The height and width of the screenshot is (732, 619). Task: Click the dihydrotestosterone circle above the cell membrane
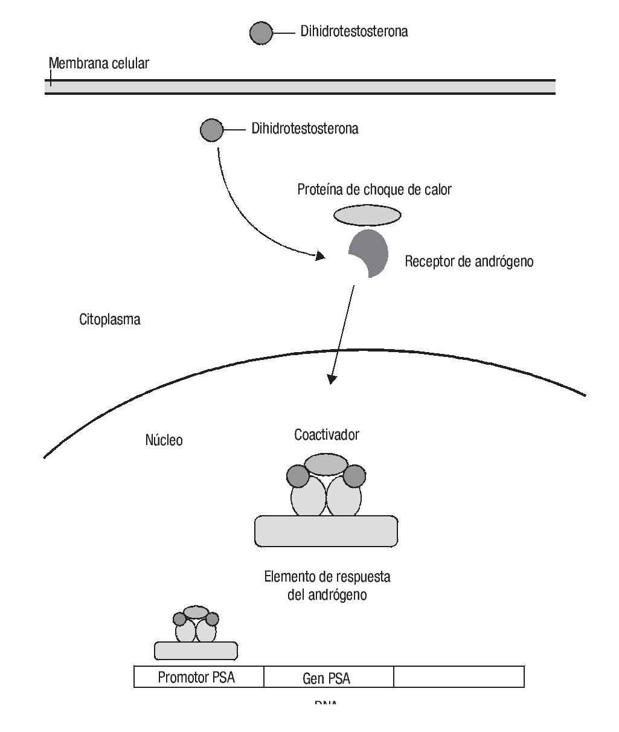coord(261,33)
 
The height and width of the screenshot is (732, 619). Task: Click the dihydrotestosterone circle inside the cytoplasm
coord(211,130)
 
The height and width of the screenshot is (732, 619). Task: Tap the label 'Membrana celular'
coord(98,63)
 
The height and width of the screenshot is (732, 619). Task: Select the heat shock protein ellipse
coord(367,215)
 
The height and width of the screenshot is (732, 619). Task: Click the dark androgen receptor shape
coord(371,251)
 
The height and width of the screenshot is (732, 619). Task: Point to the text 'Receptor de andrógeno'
coord(469,262)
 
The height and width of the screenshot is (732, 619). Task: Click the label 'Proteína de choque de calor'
coord(374,190)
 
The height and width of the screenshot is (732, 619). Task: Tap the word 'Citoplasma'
coord(109,319)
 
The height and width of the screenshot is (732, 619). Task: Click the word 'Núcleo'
coord(164,440)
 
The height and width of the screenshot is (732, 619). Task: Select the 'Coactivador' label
coord(327,434)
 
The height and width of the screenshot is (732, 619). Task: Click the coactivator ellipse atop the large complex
coord(326,464)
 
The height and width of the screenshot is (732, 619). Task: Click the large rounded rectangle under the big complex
coord(326,531)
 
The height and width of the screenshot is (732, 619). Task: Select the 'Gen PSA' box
coord(327,678)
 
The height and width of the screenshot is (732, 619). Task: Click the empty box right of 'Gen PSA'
coord(459,677)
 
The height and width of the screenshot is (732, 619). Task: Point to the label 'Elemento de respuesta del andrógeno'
coord(327,585)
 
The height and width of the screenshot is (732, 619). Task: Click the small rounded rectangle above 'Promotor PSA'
coord(196,650)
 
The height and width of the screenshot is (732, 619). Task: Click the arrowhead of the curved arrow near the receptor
coord(321,256)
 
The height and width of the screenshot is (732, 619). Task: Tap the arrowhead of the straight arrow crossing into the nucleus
coord(331,379)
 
